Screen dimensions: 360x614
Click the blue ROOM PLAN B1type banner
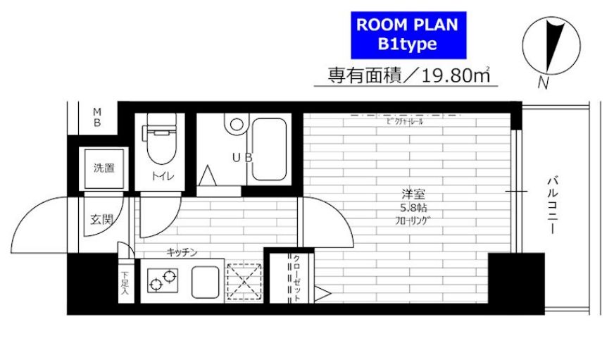[x=407, y=35]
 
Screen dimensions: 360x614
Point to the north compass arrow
[x=555, y=46]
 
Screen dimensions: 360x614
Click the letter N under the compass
[x=543, y=82]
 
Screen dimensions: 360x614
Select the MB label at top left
[x=99, y=117]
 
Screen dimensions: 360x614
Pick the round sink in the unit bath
[x=236, y=125]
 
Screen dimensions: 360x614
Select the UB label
[x=242, y=157]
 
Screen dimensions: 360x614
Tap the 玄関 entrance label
[x=101, y=219]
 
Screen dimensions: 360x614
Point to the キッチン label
[x=181, y=252]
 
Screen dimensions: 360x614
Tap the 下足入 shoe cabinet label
[x=125, y=282]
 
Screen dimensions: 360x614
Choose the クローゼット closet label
[x=296, y=278]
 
